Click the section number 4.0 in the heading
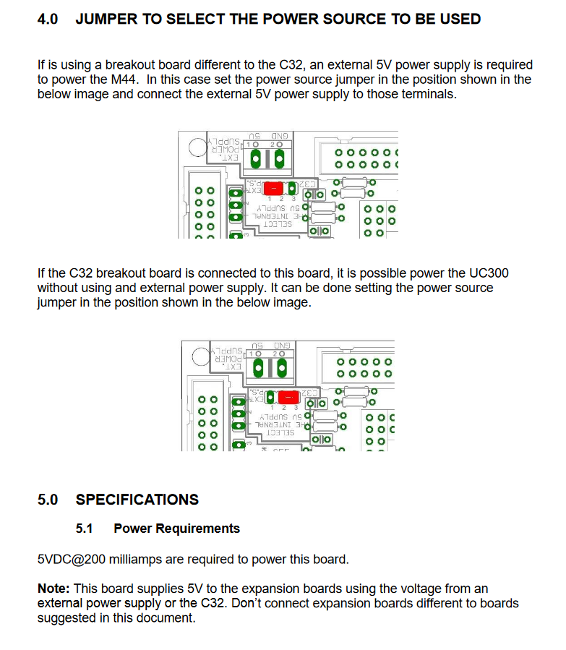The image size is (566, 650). point(48,19)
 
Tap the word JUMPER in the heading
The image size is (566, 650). point(106,19)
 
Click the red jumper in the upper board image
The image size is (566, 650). point(273,188)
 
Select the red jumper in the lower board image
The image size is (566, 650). point(288,398)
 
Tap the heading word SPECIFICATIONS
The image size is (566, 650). point(137,500)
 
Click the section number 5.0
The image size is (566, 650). point(48,500)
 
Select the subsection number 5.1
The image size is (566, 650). point(85,529)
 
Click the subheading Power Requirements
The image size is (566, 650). point(177,529)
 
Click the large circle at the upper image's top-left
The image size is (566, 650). point(199,147)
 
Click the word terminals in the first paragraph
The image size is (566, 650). point(429,95)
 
